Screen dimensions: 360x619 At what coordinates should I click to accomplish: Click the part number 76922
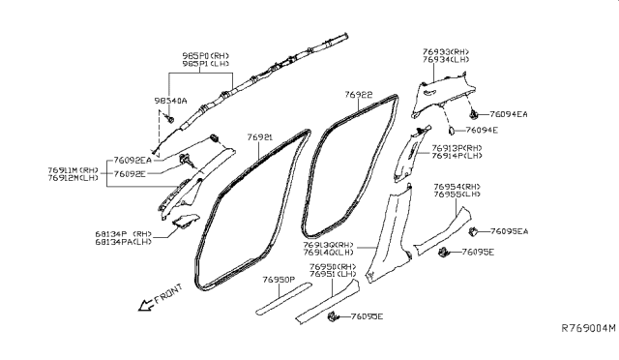point(359,96)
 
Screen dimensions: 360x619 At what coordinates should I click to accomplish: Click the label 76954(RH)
point(458,186)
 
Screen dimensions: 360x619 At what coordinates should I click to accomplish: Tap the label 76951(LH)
point(335,274)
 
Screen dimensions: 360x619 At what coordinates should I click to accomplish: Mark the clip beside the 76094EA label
point(486,113)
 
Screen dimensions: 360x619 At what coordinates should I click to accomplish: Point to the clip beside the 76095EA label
point(476,232)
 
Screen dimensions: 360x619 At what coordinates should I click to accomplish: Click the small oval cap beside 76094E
point(452,129)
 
